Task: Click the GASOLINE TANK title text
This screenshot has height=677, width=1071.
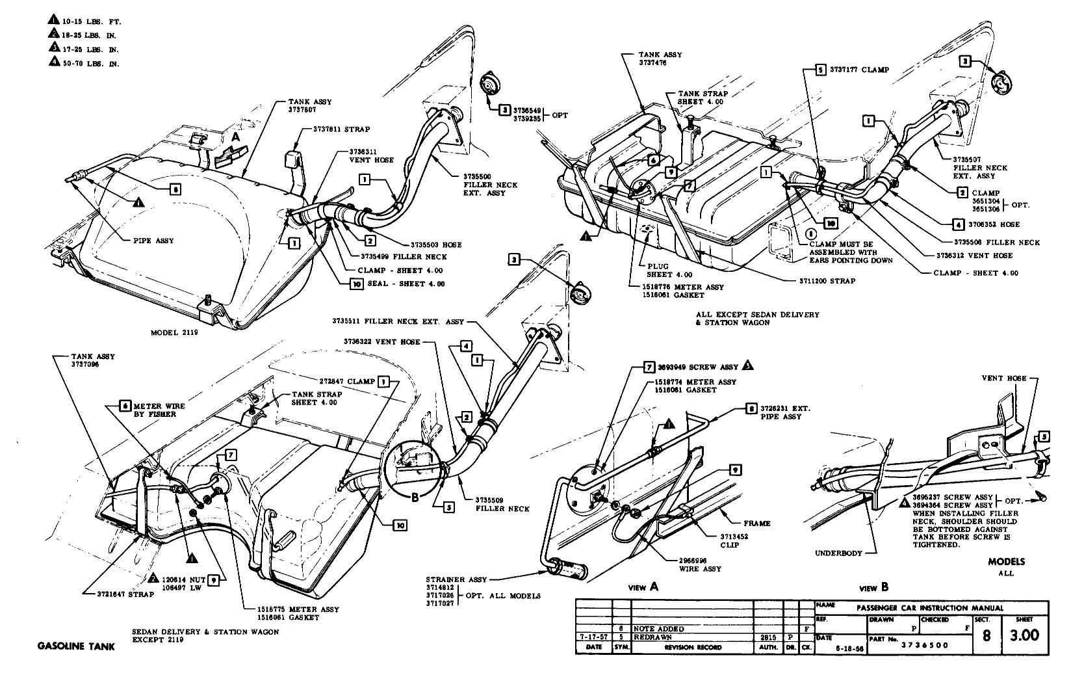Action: coord(75,646)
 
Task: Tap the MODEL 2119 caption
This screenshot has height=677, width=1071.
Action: coord(174,332)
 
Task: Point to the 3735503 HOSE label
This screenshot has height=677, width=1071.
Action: coord(437,245)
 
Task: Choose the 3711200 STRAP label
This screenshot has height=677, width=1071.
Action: coord(827,281)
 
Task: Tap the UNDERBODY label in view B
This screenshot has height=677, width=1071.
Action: coord(838,553)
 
